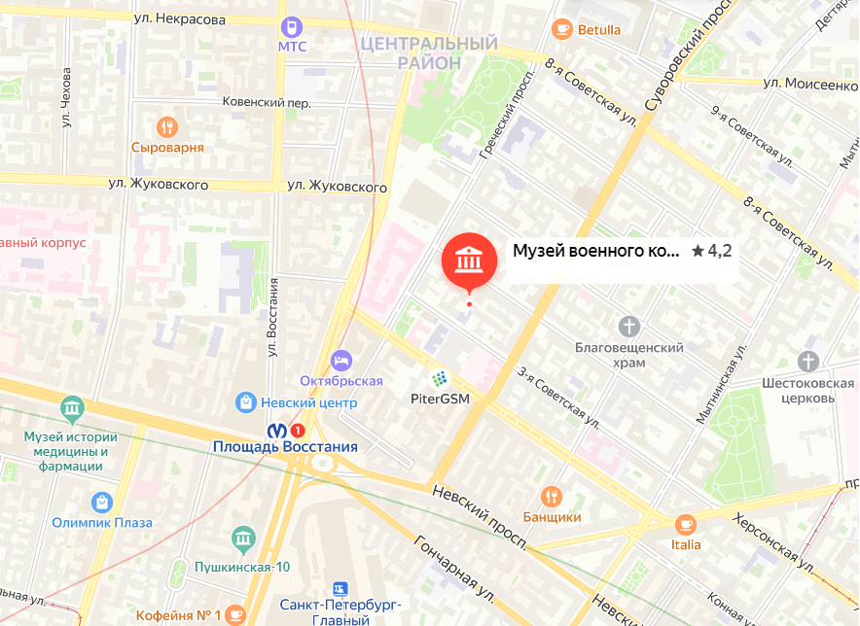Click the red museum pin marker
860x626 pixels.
click(x=468, y=260)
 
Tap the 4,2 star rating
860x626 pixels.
click(x=712, y=251)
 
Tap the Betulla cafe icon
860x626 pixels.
click(x=561, y=28)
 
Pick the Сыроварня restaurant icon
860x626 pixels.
click(x=167, y=126)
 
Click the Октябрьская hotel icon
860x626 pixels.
click(x=340, y=360)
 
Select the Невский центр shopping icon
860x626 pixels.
click(x=246, y=401)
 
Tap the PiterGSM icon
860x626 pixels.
click(x=440, y=378)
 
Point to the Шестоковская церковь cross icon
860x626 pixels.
click(x=808, y=362)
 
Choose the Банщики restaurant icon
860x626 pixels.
click(x=552, y=496)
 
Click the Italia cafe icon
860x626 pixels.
click(x=685, y=524)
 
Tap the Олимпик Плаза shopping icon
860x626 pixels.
click(x=101, y=502)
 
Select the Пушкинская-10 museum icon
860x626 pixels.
click(x=242, y=539)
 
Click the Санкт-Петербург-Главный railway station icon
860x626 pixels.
click(x=339, y=589)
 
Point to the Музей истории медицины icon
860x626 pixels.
click(x=72, y=407)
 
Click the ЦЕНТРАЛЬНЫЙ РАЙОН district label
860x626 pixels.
click(x=428, y=52)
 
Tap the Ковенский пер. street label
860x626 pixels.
click(x=267, y=102)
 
